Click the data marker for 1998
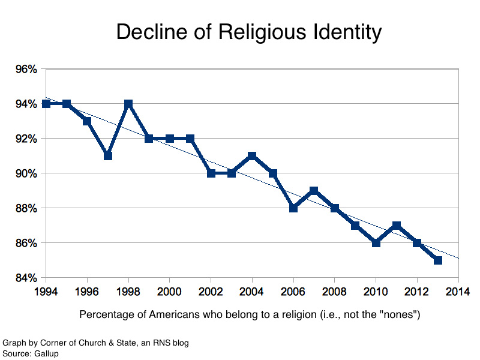click(x=128, y=104)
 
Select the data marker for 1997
click(x=108, y=156)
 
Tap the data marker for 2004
click(x=252, y=156)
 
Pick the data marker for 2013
click(x=438, y=260)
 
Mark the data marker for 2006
click(x=293, y=208)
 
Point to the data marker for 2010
click(x=376, y=243)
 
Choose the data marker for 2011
click(x=397, y=226)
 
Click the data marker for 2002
click(x=211, y=173)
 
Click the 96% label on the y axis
click(x=25, y=70)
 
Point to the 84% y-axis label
click(x=25, y=278)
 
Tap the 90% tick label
click(x=25, y=174)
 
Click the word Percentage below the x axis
click(x=106, y=314)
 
